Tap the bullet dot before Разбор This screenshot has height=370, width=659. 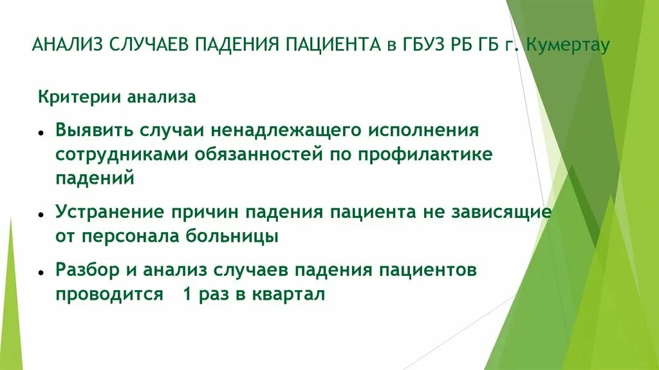[40, 272]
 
